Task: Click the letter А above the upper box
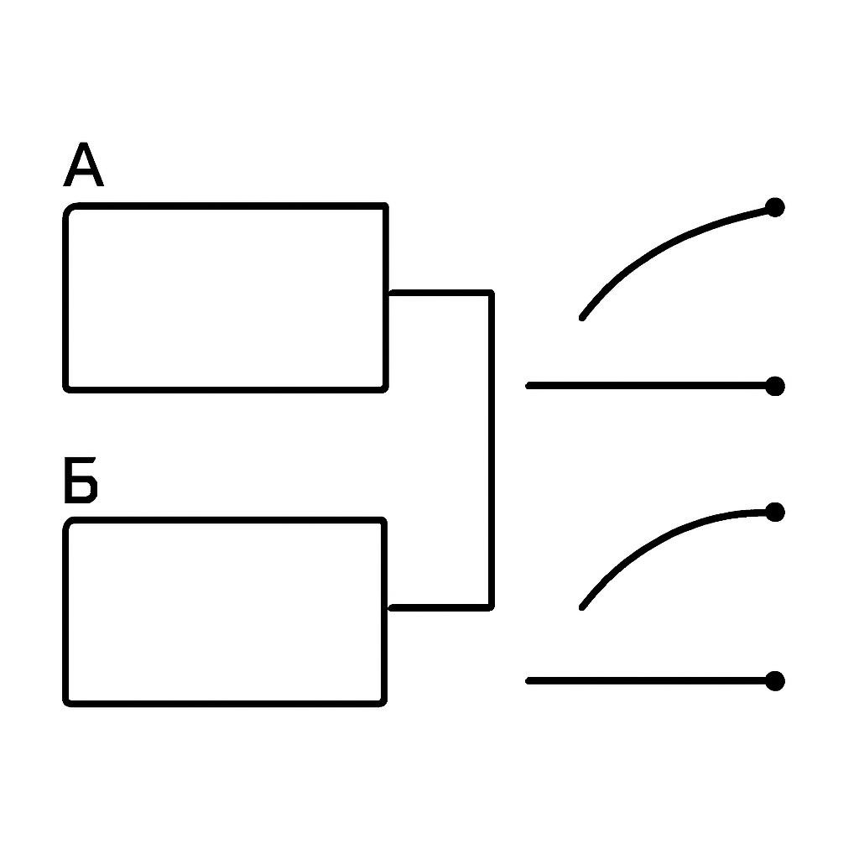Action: (83, 164)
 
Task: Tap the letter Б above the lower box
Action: (81, 480)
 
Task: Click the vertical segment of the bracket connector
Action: (492, 450)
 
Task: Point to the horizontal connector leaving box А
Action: (440, 293)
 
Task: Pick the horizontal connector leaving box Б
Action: (440, 607)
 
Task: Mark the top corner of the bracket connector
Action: (492, 293)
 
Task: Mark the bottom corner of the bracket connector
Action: (492, 607)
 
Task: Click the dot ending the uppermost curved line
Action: (774, 207)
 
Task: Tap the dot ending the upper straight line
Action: (774, 386)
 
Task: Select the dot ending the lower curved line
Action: (774, 513)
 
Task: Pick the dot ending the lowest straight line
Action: (774, 681)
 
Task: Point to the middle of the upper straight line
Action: (650, 386)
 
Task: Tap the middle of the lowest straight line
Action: (650, 681)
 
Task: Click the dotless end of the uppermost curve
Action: (581, 318)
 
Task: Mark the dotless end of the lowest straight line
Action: (528, 681)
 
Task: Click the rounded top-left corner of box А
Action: (69, 209)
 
